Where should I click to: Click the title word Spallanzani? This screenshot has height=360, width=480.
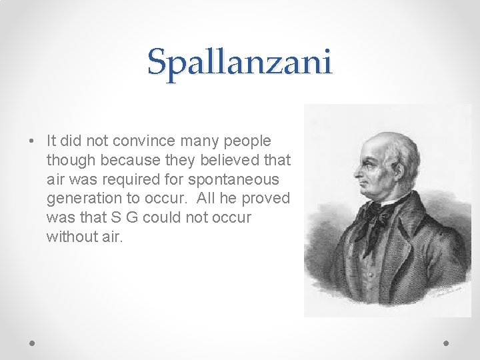pos(239,62)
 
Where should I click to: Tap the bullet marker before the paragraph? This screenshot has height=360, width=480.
pos(31,142)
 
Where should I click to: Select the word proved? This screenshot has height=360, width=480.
pos(269,198)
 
